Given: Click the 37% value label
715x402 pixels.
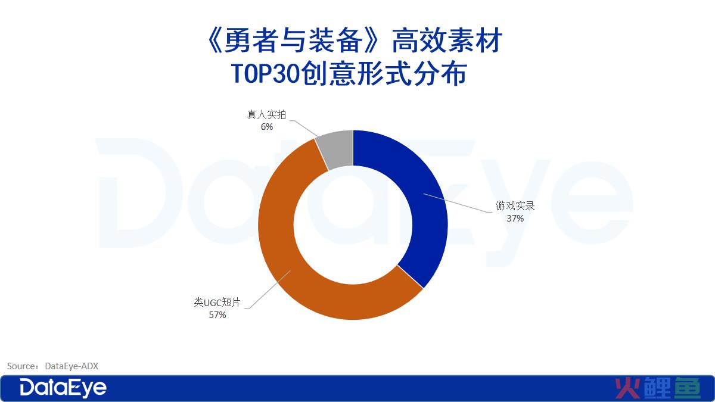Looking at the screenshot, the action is (x=515, y=219).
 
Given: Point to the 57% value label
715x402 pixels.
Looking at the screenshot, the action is (x=217, y=315).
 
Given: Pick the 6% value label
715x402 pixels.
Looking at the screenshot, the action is (x=267, y=127).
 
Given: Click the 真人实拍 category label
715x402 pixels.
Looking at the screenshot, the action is (x=266, y=114).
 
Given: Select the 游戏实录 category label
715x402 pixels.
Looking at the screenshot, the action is (x=515, y=206).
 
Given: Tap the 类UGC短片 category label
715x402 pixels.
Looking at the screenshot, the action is (x=217, y=302).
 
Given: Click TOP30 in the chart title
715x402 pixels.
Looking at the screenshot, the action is (x=265, y=74).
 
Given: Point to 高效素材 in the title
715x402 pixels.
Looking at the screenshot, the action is (x=447, y=40).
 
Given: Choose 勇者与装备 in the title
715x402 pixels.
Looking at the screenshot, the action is (x=294, y=40).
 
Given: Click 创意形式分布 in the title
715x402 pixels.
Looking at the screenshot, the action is (x=384, y=74).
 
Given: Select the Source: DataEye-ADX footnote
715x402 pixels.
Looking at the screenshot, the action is (x=52, y=366).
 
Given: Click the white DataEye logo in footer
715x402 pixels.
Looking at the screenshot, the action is (x=63, y=388).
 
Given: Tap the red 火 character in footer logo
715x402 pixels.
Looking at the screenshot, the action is (x=627, y=388).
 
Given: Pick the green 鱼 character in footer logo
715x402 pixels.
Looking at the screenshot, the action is (x=687, y=388).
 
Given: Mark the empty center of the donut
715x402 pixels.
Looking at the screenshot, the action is (x=353, y=225).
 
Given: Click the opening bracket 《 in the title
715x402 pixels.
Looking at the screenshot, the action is (x=214, y=40).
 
